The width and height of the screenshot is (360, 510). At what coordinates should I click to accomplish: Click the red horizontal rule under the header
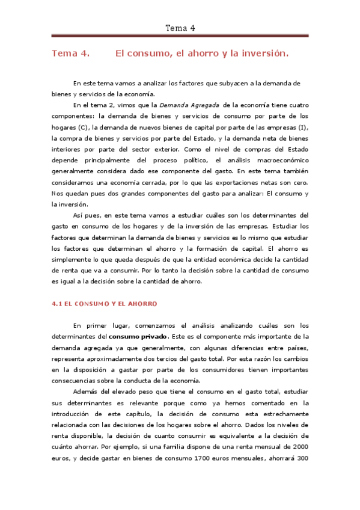point(180,35)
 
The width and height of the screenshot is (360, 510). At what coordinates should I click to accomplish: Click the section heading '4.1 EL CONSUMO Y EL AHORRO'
point(105,304)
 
